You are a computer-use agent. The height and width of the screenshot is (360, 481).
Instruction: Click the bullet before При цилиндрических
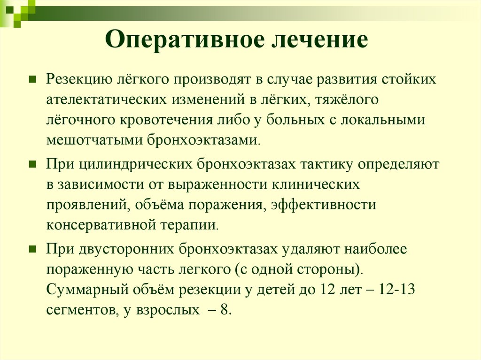33,165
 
